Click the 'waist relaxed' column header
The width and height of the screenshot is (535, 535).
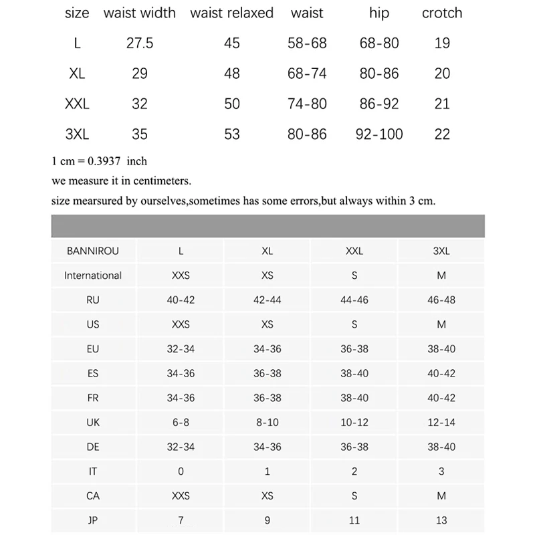click(231, 13)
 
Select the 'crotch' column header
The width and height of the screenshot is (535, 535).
click(442, 13)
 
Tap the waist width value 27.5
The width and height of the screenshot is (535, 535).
click(140, 43)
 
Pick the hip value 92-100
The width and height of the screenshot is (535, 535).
click(379, 134)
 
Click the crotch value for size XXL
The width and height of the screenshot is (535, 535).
click(442, 104)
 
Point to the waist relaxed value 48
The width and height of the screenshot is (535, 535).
click(231, 74)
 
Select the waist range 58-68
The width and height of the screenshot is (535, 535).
click(307, 43)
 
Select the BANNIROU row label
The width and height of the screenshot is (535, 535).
click(93, 251)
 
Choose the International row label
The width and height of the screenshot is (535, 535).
click(93, 276)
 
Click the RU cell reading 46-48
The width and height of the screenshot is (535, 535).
click(441, 300)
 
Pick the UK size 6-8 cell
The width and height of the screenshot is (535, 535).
click(181, 422)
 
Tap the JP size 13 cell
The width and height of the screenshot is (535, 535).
click(441, 520)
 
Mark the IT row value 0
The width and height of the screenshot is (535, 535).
click(181, 471)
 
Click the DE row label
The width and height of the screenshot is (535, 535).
click(93, 447)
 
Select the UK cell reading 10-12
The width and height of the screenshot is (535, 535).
click(354, 422)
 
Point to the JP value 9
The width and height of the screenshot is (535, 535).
click(267, 520)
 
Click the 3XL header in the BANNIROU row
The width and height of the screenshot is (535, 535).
click(441, 251)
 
